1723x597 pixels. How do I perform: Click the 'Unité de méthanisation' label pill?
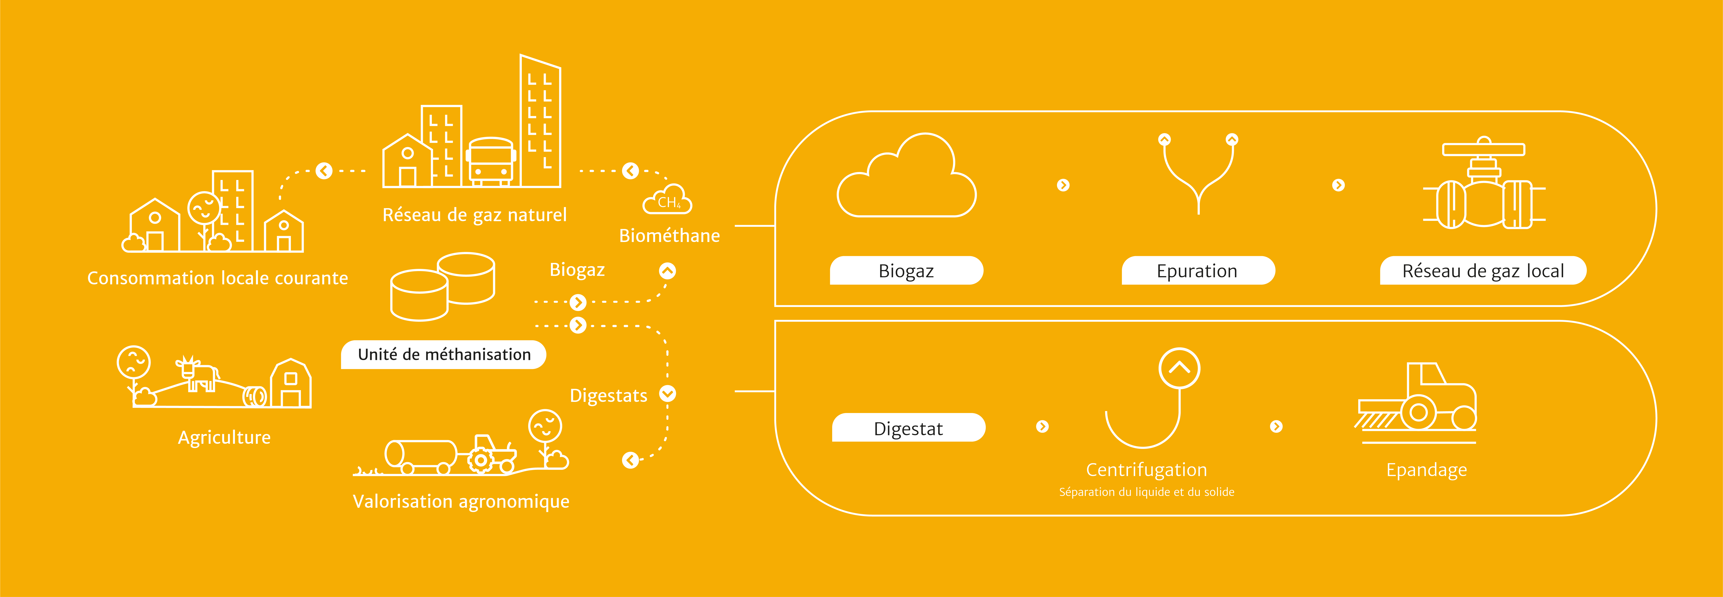443,354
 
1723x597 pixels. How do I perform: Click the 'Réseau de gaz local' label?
1483,271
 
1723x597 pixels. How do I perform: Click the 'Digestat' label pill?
908,428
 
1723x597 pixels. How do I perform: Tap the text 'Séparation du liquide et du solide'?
1146,492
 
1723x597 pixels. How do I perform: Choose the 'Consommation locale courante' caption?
217,278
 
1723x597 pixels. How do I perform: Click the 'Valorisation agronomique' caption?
461,501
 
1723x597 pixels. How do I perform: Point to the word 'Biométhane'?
670,235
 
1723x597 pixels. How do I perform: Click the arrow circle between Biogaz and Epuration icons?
1063,185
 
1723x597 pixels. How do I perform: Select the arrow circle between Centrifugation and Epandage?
1276,427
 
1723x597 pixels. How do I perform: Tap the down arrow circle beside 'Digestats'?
668,394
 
